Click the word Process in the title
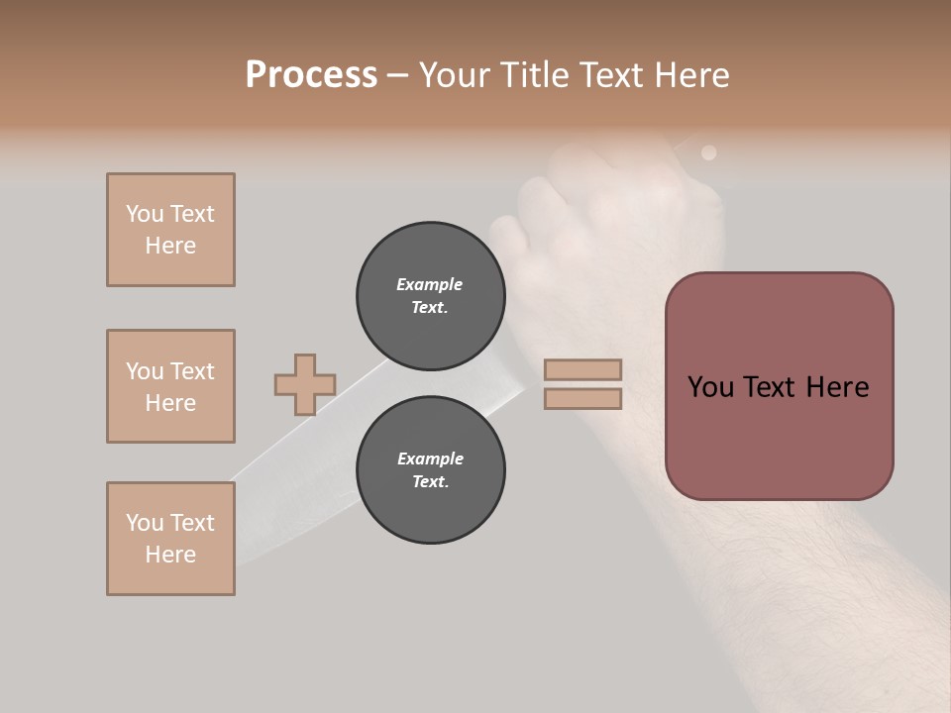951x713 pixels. point(311,75)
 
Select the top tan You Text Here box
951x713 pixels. point(170,230)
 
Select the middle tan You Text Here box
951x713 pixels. point(170,386)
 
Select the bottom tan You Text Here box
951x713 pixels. point(170,539)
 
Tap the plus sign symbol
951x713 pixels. point(305,384)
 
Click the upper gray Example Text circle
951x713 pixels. point(430,296)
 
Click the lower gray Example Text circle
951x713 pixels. point(430,470)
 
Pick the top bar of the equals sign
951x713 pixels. point(582,369)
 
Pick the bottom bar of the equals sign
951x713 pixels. point(582,398)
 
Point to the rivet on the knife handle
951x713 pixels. point(708,153)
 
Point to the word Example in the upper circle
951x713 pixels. point(429,284)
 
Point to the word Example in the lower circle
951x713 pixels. point(430,458)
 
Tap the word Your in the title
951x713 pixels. point(457,75)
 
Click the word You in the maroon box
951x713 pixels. point(710,387)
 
